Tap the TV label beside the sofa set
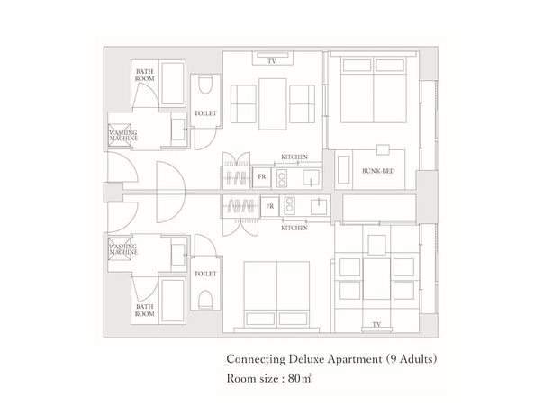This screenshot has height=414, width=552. (x=271, y=62)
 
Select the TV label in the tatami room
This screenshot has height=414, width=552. (x=376, y=324)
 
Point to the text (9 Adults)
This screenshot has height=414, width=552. (x=412, y=358)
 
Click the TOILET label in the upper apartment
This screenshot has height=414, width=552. (x=205, y=113)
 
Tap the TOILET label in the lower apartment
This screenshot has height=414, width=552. (x=205, y=273)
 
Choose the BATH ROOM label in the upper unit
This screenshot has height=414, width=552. (x=146, y=75)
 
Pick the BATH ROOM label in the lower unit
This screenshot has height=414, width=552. (x=146, y=310)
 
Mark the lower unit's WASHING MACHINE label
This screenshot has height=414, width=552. (x=122, y=248)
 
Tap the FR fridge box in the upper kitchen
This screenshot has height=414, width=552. (x=262, y=176)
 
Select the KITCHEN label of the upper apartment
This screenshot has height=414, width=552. (x=294, y=157)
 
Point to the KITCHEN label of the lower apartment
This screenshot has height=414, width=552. (x=294, y=229)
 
